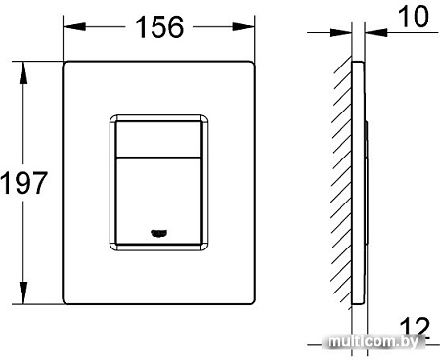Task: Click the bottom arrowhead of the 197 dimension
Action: pos(21,299)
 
